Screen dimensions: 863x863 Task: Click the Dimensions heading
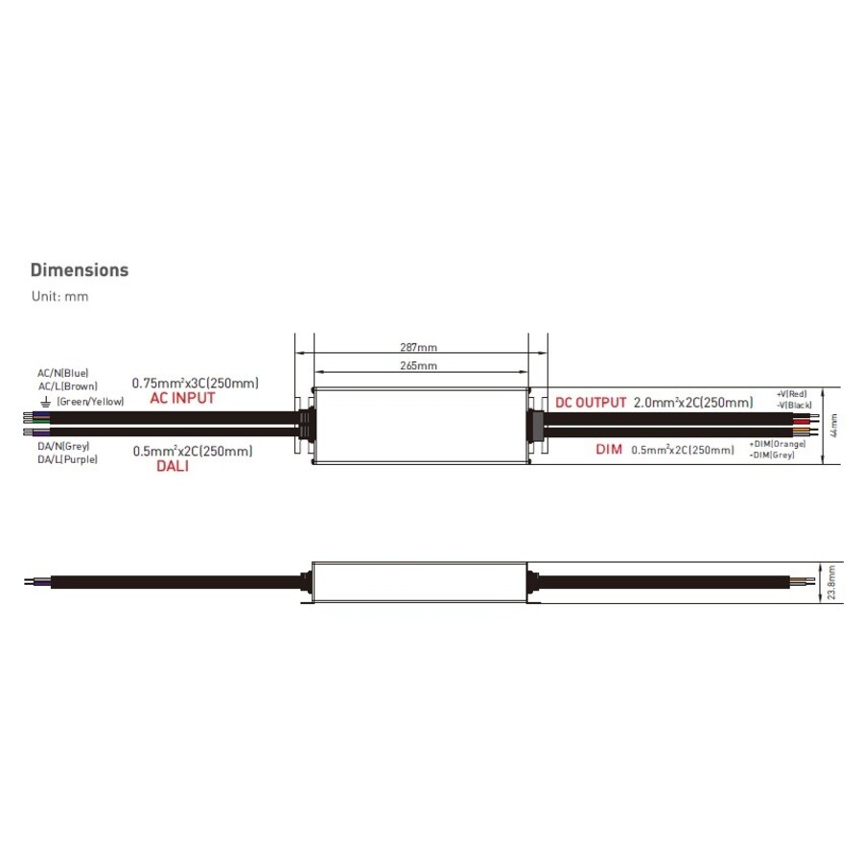pyautogui.click(x=80, y=269)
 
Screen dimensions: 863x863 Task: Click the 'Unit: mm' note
pyautogui.click(x=59, y=296)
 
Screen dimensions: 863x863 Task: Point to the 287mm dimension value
pyautogui.click(x=418, y=347)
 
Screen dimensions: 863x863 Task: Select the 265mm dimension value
pyautogui.click(x=418, y=365)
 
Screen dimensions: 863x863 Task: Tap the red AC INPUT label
pyautogui.click(x=182, y=398)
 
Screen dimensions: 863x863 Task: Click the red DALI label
pyautogui.click(x=173, y=466)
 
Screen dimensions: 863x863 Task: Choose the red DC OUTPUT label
pyautogui.click(x=591, y=403)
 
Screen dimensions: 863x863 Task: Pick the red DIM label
pyautogui.click(x=609, y=449)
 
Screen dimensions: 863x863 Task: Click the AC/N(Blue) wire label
pyautogui.click(x=62, y=373)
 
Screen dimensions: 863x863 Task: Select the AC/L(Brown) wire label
pyautogui.click(x=68, y=386)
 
